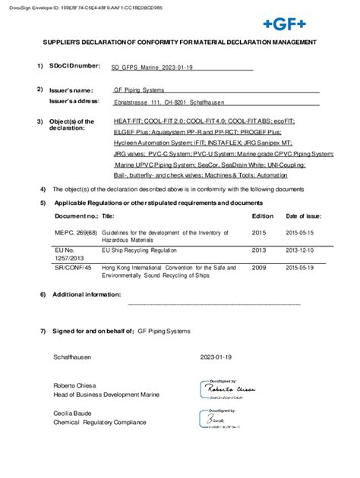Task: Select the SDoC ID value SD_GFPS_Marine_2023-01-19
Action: (x=151, y=68)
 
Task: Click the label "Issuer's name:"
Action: (x=71, y=90)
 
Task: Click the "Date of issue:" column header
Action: (x=305, y=216)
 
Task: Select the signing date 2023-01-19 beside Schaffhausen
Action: (x=216, y=355)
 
